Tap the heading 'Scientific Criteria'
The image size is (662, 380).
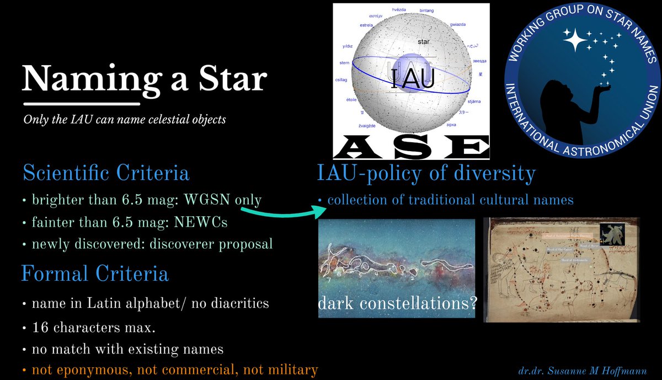(105, 173)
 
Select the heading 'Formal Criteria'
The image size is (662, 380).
(95, 274)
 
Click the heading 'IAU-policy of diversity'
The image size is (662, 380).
(426, 173)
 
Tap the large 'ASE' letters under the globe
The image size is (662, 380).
(412, 146)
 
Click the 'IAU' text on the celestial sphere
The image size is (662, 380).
(412, 79)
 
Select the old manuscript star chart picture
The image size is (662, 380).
(565, 270)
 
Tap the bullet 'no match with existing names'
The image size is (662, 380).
(119, 349)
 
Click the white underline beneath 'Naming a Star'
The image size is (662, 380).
(81, 103)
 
